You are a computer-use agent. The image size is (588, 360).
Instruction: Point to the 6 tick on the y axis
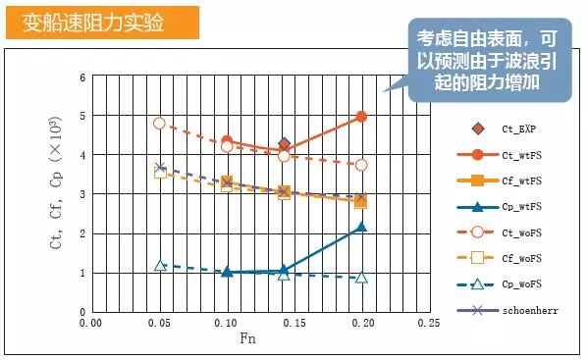pos(82,77)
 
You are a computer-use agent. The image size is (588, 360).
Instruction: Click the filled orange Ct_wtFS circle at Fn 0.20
pos(361,116)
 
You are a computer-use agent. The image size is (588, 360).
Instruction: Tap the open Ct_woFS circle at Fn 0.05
pos(159,124)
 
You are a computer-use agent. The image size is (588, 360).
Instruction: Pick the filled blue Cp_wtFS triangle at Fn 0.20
pos(361,227)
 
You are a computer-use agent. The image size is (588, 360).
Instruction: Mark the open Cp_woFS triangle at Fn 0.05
pos(159,266)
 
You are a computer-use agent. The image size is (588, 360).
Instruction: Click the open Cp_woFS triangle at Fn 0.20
pos(361,278)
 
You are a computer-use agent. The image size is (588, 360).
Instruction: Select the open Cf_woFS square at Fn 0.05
pos(160,173)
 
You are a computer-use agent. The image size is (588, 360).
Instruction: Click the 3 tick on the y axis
pos(82,194)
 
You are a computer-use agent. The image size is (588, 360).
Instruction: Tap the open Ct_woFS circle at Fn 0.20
pos(361,165)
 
